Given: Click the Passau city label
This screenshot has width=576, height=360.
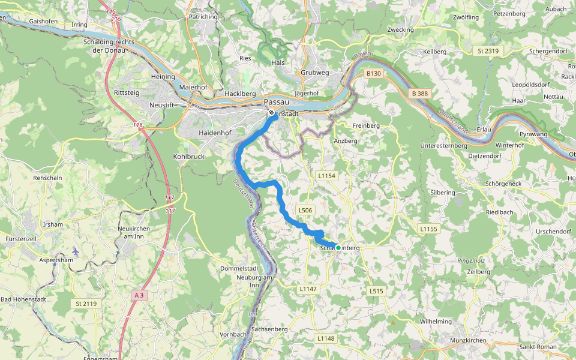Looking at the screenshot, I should coord(277,102).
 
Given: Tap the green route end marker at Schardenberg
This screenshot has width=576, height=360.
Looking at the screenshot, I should coord(338,247).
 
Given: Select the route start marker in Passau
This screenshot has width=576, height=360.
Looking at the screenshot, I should coord(271,113).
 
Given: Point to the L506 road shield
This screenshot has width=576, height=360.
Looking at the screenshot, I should coord(305,211).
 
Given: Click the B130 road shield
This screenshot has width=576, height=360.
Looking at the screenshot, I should coord(374,73).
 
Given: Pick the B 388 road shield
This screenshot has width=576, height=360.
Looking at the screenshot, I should coord(420,94).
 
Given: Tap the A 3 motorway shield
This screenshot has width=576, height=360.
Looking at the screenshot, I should coord(139,295).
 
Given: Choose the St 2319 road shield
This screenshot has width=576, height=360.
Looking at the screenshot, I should coord(488,51).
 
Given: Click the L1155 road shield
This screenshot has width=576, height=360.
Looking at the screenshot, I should coord(430,229).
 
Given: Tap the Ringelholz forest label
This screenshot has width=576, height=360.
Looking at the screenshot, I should coord(471,261).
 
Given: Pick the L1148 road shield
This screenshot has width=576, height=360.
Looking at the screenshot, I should coord(325,338).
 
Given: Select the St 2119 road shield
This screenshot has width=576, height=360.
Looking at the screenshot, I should coord(86,304).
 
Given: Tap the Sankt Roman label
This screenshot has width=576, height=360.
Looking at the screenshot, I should coord(538,347).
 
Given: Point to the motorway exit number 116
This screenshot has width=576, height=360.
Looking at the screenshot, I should coord(139,125).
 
